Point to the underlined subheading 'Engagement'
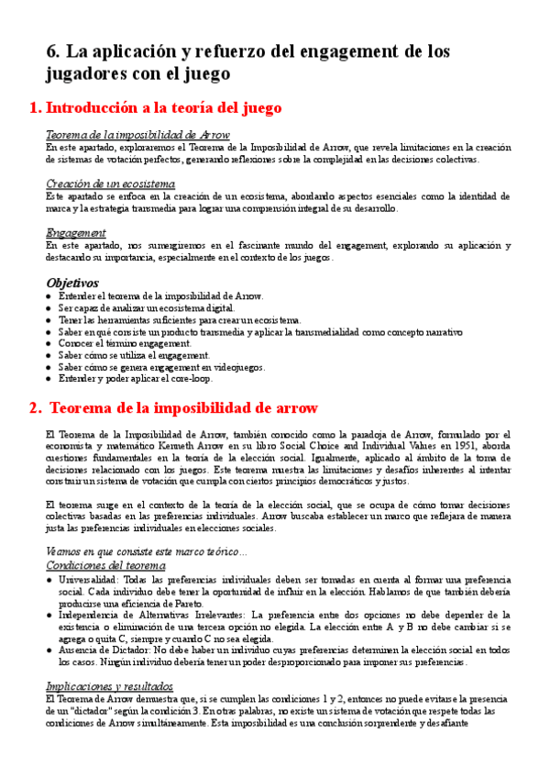point(75,233)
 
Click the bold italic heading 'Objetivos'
point(72,283)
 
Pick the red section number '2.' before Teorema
point(35,407)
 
